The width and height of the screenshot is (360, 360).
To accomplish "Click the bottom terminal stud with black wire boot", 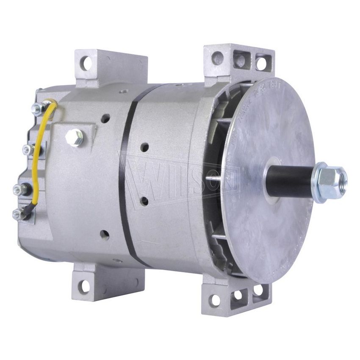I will pyautogui.click(x=18, y=214).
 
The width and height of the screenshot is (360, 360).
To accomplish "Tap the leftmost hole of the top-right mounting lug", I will pyautogui.click(x=218, y=58).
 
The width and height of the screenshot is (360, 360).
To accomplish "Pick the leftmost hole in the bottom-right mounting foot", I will pyautogui.click(x=216, y=299).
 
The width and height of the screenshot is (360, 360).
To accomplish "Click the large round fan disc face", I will pyautogui.click(x=271, y=229).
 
